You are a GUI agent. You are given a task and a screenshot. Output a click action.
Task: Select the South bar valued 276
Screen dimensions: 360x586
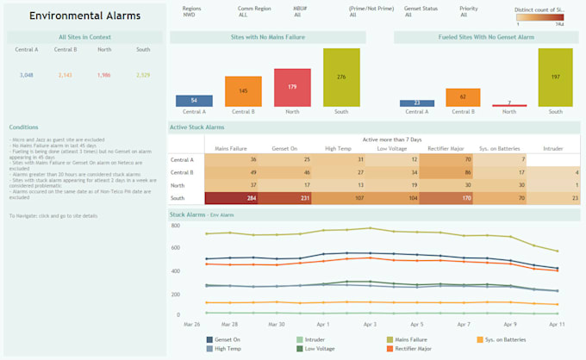(340, 78)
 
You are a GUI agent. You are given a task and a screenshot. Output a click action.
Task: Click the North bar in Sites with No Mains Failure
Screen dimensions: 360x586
(292, 88)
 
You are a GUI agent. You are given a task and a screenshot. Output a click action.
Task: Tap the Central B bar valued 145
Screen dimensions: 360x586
(243, 91)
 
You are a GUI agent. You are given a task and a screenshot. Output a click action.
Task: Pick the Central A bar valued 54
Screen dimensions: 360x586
(194, 101)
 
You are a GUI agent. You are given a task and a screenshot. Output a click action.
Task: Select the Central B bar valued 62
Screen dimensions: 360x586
(463, 97)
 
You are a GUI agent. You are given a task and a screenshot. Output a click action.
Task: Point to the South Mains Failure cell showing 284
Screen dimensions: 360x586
(231, 198)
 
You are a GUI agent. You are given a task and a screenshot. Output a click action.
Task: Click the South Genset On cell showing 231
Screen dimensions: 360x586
(284, 198)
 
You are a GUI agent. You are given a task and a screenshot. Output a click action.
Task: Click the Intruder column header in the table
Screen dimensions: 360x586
(553, 147)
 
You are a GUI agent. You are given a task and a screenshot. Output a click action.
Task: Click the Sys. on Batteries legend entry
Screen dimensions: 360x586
(504, 340)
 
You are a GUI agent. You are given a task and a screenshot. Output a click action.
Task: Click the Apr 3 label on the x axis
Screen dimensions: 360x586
(370, 324)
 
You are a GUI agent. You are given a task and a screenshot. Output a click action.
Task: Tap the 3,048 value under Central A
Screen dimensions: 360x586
(27, 76)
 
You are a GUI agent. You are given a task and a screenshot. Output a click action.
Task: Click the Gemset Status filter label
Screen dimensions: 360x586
(420, 8)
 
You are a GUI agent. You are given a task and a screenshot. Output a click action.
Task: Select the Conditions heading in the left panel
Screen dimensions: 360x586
(24, 127)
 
